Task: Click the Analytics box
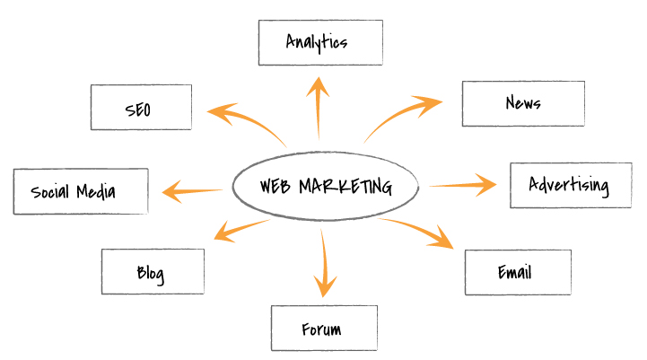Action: click(320, 42)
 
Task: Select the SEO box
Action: click(141, 108)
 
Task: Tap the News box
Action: click(523, 103)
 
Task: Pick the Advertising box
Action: click(567, 186)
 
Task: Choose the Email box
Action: click(518, 271)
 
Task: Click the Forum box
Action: click(324, 329)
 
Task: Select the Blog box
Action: click(153, 272)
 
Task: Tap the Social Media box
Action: click(81, 191)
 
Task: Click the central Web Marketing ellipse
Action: click(325, 187)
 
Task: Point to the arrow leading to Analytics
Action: click(319, 108)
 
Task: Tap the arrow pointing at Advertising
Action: click(461, 186)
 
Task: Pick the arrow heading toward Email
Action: click(422, 230)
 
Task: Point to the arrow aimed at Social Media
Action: click(192, 190)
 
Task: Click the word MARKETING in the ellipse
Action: click(345, 187)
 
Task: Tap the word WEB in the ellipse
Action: click(275, 187)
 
